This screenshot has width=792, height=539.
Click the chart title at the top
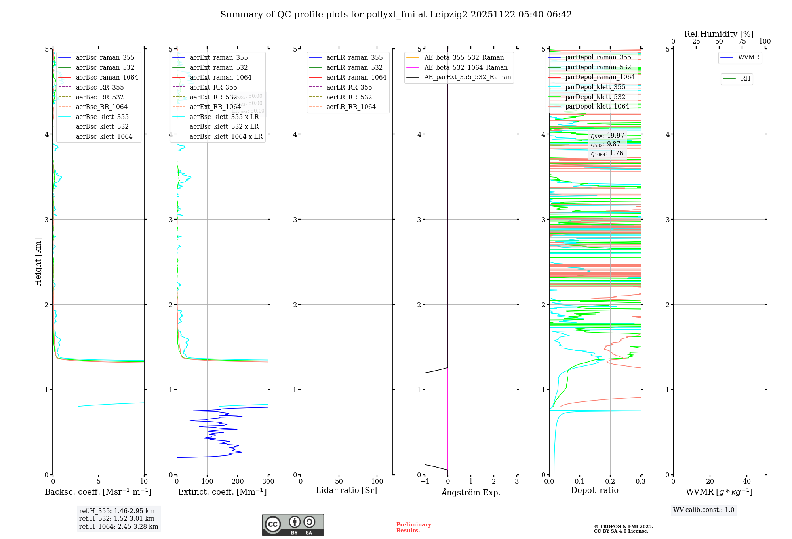(396, 15)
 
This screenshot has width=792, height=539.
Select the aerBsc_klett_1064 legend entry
(104, 136)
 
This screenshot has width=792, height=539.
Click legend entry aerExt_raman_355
(219, 57)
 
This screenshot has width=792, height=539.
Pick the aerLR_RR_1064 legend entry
(351, 107)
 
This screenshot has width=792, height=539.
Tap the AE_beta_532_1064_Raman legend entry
(466, 67)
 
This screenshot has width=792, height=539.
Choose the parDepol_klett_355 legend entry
(595, 87)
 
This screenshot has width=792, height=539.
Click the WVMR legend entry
(748, 57)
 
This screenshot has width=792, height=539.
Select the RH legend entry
(745, 79)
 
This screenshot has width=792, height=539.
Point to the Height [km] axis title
(38, 262)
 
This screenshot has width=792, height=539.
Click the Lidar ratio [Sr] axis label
(346, 490)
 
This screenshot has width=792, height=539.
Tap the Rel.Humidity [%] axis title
(719, 34)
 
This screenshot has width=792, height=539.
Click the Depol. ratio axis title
(594, 490)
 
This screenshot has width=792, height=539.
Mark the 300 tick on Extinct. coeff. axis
(268, 482)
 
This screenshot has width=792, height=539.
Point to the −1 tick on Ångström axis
(425, 482)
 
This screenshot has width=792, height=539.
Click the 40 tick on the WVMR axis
(746, 482)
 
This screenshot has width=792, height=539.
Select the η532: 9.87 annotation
(605, 144)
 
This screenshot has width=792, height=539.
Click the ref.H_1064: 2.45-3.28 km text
(118, 526)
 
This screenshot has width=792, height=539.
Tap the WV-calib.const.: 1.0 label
(704, 510)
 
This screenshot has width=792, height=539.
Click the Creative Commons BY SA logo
(293, 525)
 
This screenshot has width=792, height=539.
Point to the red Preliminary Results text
(413, 528)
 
